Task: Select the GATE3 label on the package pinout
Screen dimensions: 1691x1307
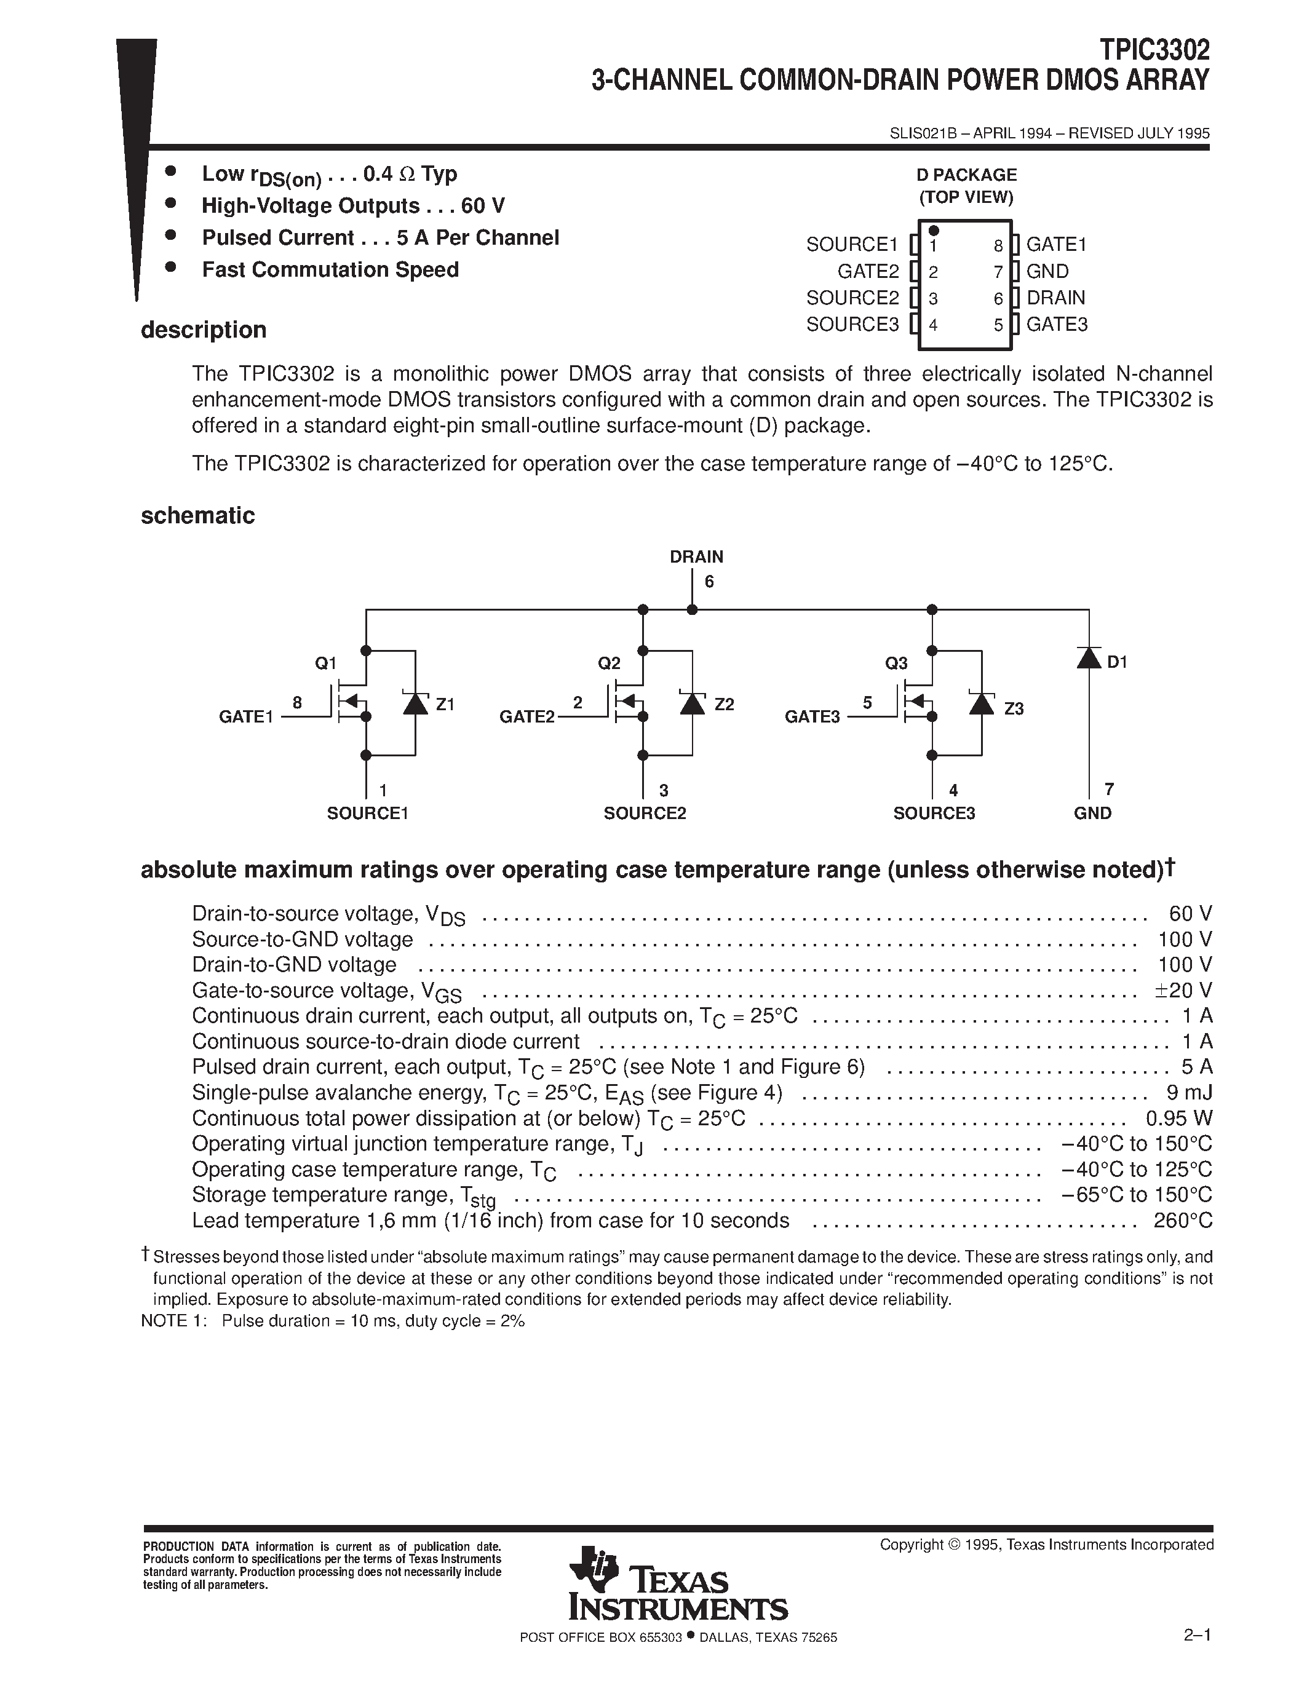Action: pos(1057,325)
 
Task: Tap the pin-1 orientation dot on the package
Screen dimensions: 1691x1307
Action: pos(934,231)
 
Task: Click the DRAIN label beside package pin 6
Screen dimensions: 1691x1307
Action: pos(1055,298)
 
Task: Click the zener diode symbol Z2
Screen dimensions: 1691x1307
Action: pos(692,703)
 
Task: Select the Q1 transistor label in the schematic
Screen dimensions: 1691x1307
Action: pos(326,663)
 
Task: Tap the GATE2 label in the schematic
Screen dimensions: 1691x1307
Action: pos(527,717)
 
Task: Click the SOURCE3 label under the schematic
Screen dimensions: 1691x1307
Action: pos(934,814)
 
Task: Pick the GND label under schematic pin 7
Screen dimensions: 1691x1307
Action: pos(1092,813)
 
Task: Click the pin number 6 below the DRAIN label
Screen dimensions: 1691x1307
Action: pos(709,582)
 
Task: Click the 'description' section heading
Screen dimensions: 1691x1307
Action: pos(203,330)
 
